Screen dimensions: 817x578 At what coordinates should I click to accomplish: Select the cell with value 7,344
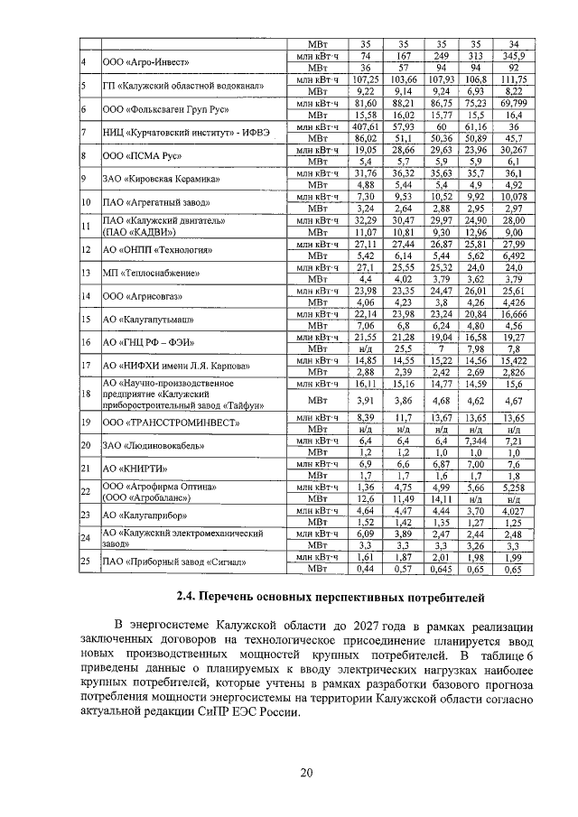(x=476, y=442)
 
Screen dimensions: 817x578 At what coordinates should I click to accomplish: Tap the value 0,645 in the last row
(x=442, y=571)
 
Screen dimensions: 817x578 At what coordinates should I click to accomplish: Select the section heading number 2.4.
(x=186, y=599)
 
